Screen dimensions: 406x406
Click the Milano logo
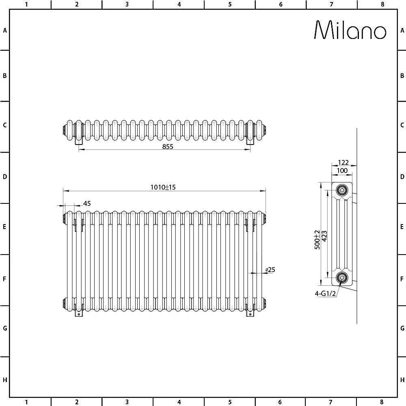[350, 30]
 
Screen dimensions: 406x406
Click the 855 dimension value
[168, 147]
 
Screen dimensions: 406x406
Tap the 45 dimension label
[86, 203]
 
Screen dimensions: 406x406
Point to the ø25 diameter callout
[270, 270]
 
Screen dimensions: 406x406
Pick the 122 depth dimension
[343, 162]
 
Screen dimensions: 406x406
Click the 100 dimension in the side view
[342, 171]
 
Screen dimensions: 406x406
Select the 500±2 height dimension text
[317, 240]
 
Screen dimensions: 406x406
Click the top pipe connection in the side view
[342, 190]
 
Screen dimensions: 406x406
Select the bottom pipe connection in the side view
[342, 278]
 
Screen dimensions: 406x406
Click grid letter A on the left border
[5, 30]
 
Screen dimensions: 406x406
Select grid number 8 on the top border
[382, 4]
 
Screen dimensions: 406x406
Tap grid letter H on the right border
[402, 380]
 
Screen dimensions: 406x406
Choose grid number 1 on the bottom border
[26, 402]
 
